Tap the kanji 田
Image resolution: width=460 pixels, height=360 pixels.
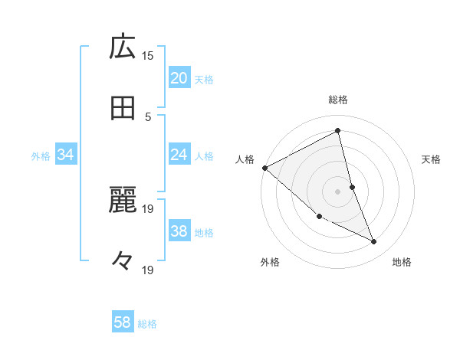[123, 109]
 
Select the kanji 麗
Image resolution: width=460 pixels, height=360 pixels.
[123, 201]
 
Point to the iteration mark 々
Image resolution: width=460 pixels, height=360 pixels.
[123, 261]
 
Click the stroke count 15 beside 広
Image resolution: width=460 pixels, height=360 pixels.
[148, 55]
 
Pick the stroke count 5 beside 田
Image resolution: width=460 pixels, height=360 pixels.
[148, 116]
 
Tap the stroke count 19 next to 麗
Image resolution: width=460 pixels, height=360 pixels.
[148, 208]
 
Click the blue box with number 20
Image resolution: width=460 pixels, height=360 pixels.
[179, 78]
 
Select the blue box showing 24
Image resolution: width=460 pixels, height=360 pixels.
[179, 155]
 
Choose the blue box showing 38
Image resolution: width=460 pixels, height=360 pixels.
[179, 232]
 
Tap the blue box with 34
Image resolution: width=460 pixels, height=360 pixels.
[66, 155]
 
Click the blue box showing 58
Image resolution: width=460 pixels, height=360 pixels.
[123, 322]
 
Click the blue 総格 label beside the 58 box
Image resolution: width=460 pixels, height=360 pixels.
[147, 324]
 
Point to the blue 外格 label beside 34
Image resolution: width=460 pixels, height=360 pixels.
[41, 156]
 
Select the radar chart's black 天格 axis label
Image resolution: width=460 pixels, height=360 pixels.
[432, 159]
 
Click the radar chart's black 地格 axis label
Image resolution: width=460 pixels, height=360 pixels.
[402, 263]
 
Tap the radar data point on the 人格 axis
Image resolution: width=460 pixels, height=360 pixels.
[264, 168]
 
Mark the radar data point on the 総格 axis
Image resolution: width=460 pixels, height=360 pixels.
[338, 131]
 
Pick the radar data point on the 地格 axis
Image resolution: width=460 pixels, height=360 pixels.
[374, 241]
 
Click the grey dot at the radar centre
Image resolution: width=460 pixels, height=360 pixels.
[338, 191]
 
